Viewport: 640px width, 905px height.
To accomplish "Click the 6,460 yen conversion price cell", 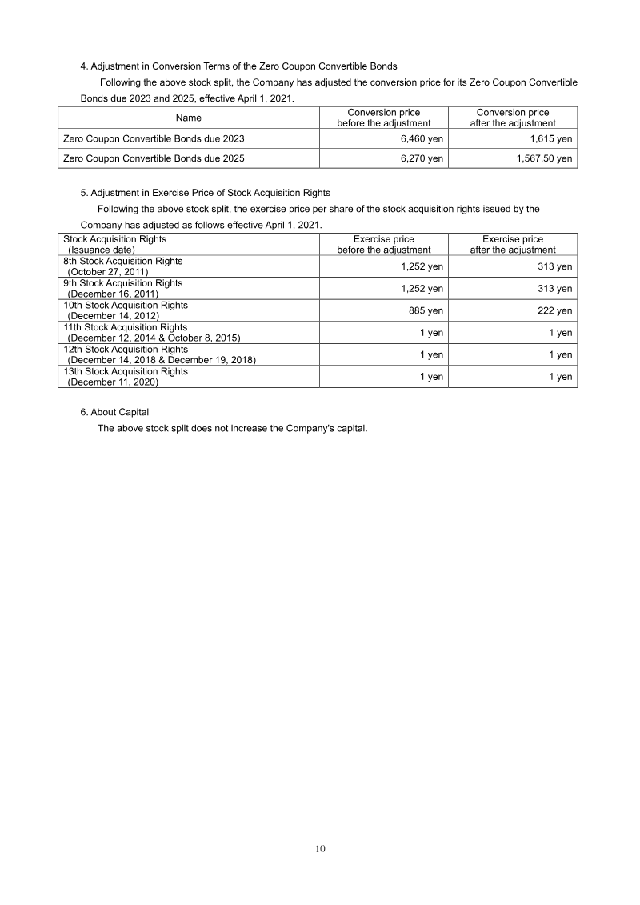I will pos(422,138).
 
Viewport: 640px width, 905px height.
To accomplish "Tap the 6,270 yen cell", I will pos(422,158).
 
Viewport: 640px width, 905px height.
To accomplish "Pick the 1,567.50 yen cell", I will pos(544,158).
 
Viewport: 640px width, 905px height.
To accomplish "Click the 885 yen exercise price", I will pos(426,310).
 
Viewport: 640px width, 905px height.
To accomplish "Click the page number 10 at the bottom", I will pos(320,849).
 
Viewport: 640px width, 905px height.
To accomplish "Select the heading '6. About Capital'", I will pos(114,412).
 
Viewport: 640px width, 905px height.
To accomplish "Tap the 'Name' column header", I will pos(188,118).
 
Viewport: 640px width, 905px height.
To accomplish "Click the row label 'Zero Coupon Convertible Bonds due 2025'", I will pos(154,158).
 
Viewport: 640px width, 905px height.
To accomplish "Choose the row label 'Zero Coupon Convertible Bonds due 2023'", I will pos(154,138).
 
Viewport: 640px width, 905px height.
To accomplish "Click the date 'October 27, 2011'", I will pos(114,272).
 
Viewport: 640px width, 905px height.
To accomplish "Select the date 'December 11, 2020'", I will pos(113,382).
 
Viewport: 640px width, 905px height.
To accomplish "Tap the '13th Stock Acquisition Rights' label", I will pos(126,371).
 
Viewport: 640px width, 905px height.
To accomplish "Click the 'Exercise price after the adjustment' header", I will pos(512,244).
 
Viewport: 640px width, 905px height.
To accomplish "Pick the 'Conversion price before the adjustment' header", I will pos(383,118).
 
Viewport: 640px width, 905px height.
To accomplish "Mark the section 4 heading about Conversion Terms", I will pos(238,66).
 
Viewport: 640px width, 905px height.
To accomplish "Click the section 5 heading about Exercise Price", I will pos(205,193).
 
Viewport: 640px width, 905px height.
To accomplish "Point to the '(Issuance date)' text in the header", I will pos(102,250).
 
